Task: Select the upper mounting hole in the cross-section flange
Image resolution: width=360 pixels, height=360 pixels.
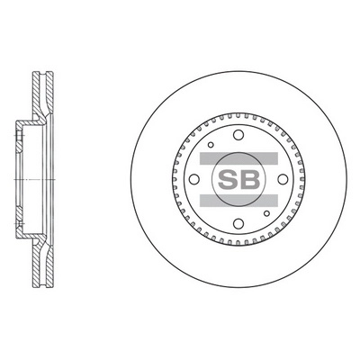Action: (18, 138)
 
